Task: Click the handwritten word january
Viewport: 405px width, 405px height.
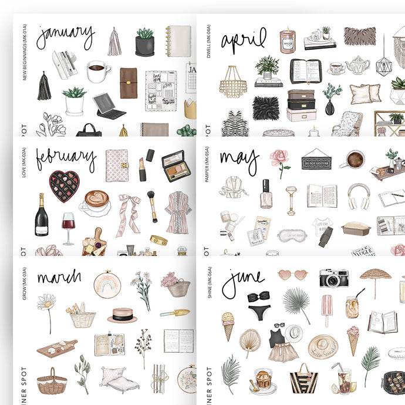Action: pos(65,36)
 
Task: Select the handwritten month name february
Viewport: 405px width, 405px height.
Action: pos(66,158)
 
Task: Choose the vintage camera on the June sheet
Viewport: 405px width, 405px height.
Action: pos(334,278)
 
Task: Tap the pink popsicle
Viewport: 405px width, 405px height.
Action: pos(327,308)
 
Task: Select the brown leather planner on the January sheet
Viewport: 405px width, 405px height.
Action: pos(129,83)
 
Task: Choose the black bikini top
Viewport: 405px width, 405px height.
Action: pos(258,297)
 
